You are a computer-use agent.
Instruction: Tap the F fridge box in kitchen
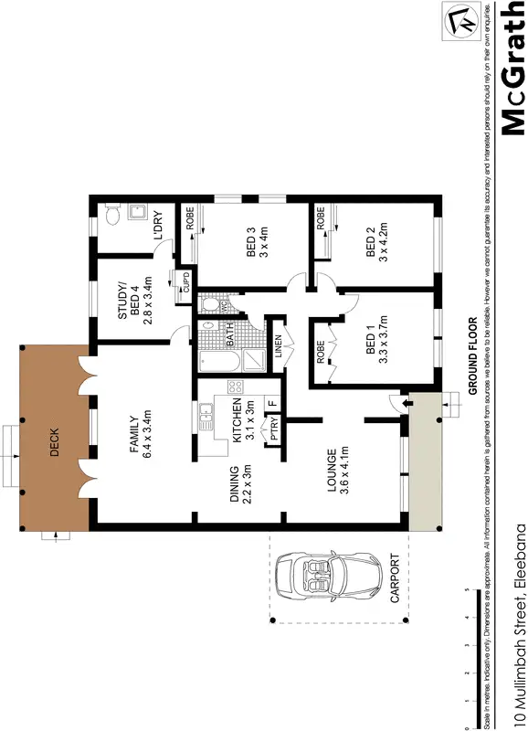271,403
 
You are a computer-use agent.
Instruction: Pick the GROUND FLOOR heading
474,355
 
